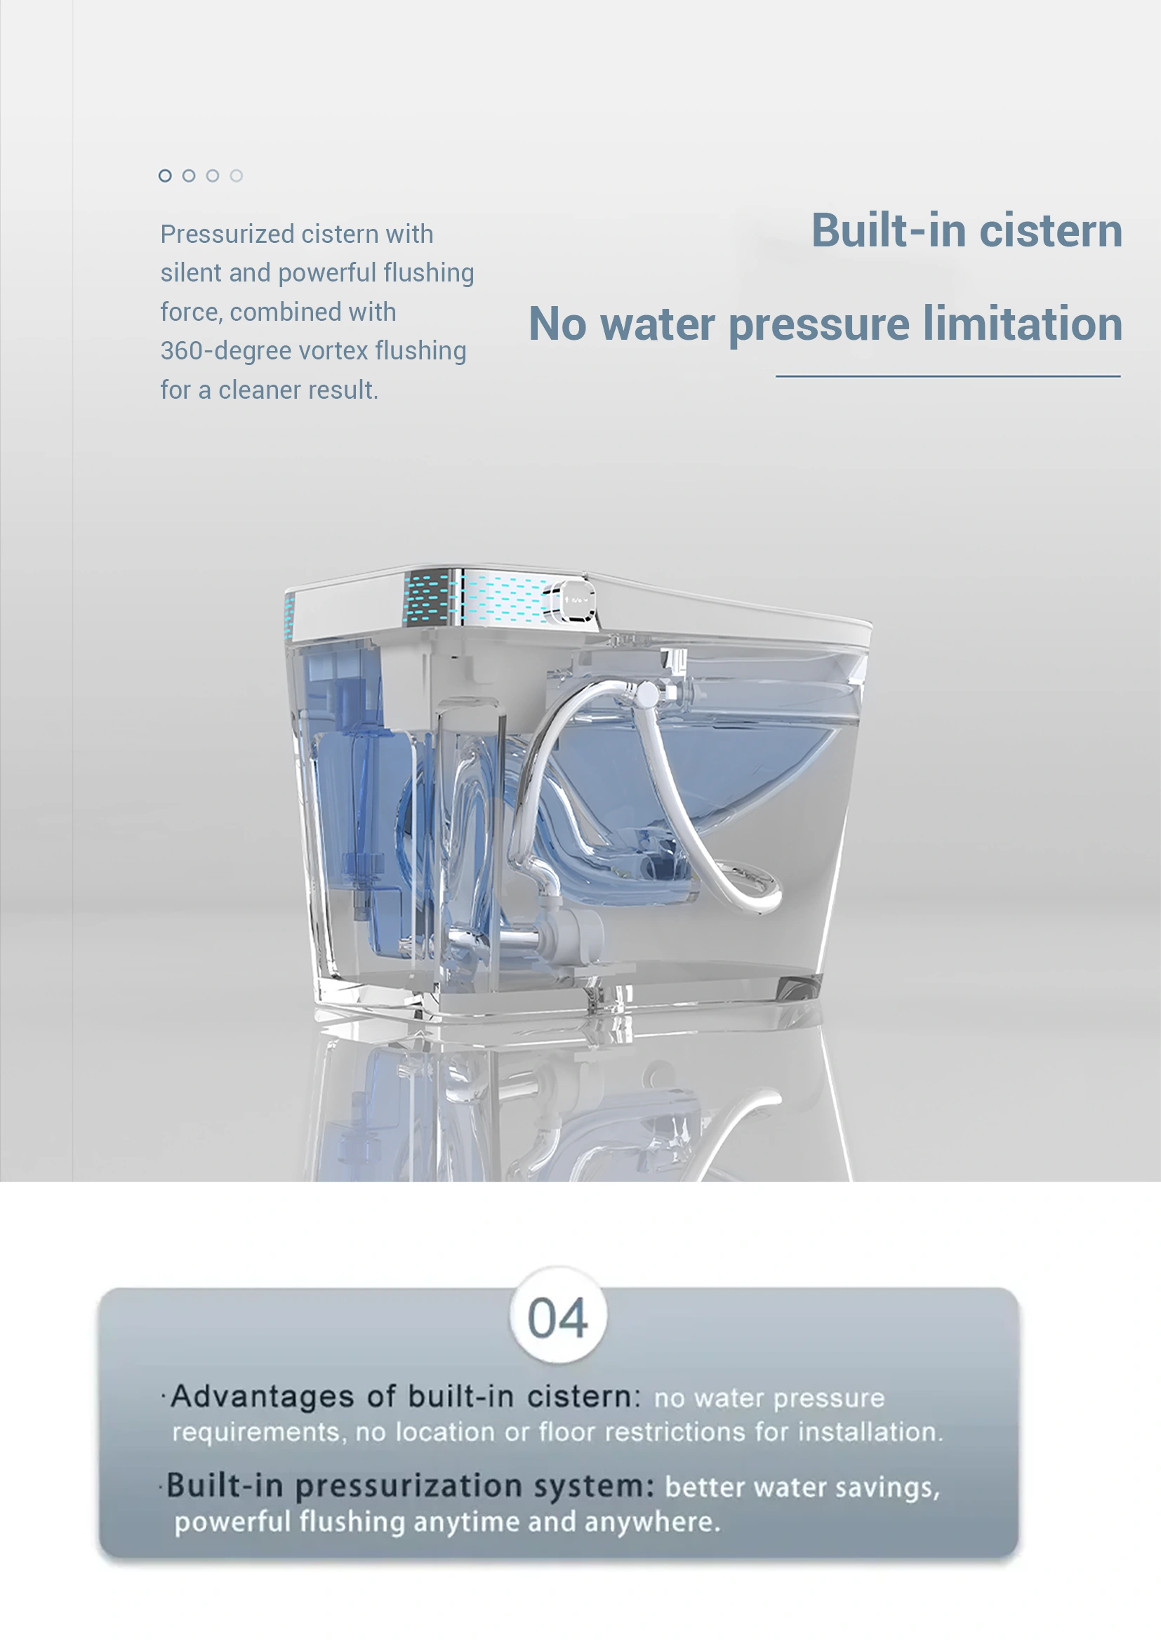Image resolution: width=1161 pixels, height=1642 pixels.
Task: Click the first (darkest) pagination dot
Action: (x=165, y=176)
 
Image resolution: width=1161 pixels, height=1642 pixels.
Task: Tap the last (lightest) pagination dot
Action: (x=237, y=176)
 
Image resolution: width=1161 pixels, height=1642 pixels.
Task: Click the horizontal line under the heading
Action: (x=947, y=376)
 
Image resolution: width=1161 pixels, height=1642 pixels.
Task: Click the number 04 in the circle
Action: (x=557, y=1317)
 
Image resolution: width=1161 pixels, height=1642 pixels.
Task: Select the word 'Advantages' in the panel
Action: (x=263, y=1397)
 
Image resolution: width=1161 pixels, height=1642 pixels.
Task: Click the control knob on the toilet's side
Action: (x=572, y=600)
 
